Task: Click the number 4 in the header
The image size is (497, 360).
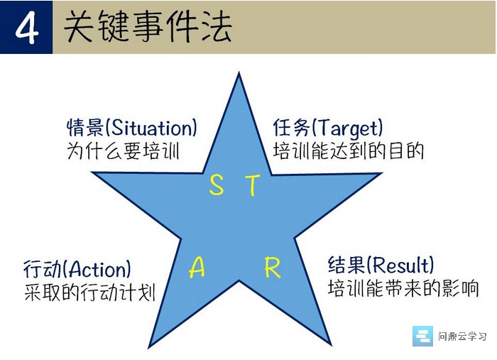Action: [27, 28]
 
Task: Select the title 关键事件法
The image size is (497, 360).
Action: [148, 26]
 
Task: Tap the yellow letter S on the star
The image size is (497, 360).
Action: [217, 185]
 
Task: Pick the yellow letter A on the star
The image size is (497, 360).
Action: [197, 268]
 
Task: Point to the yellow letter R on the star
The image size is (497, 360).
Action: [273, 268]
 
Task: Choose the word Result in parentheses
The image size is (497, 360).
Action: [400, 265]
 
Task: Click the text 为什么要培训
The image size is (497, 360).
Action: [124, 151]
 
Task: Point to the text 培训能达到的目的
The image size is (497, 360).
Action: [349, 151]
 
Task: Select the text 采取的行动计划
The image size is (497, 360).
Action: [89, 292]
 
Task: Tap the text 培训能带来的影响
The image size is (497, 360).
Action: [403, 288]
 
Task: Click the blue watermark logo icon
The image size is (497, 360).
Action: [422, 336]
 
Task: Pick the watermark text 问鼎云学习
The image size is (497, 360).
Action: [462, 337]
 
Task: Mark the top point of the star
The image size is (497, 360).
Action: [239, 72]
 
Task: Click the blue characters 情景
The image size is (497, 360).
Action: [85, 128]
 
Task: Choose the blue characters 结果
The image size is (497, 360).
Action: [346, 265]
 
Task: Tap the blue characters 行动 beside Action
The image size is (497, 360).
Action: [43, 269]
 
